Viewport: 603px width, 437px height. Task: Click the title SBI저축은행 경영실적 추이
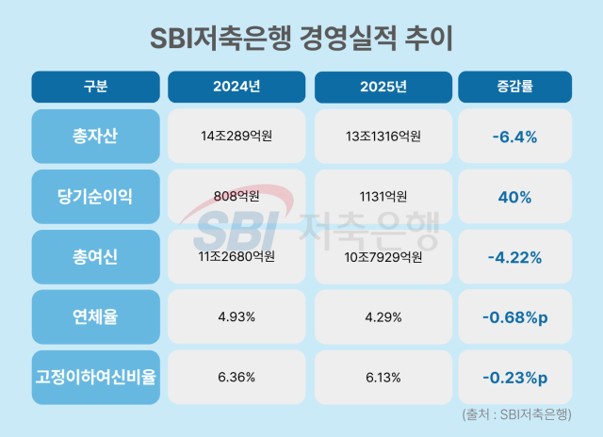pyautogui.click(x=301, y=39)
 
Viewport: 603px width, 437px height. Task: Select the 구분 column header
pyautogui.click(x=95, y=87)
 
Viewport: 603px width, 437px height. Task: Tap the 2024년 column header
pyautogui.click(x=236, y=87)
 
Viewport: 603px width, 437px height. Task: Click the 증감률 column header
pyautogui.click(x=514, y=87)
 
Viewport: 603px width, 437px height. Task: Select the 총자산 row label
pyautogui.click(x=95, y=137)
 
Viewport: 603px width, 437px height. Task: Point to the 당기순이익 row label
pyautogui.click(x=95, y=197)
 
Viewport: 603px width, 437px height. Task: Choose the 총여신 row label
pyautogui.click(x=95, y=257)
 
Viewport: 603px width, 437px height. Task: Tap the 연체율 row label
pyautogui.click(x=95, y=316)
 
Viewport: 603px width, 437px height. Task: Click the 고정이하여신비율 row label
pyautogui.click(x=95, y=377)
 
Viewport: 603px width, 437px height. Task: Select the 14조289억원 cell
pyautogui.click(x=236, y=137)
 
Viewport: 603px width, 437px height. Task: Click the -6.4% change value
pyautogui.click(x=514, y=137)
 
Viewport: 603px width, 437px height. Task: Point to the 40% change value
pyautogui.click(x=514, y=197)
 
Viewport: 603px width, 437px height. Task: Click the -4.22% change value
pyautogui.click(x=514, y=257)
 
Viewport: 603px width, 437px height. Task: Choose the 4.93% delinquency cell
pyautogui.click(x=236, y=316)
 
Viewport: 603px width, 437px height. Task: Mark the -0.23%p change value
pyautogui.click(x=514, y=377)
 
